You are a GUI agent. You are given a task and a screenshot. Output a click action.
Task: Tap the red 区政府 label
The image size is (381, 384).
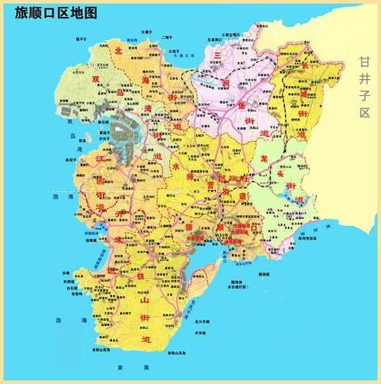[234, 178]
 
